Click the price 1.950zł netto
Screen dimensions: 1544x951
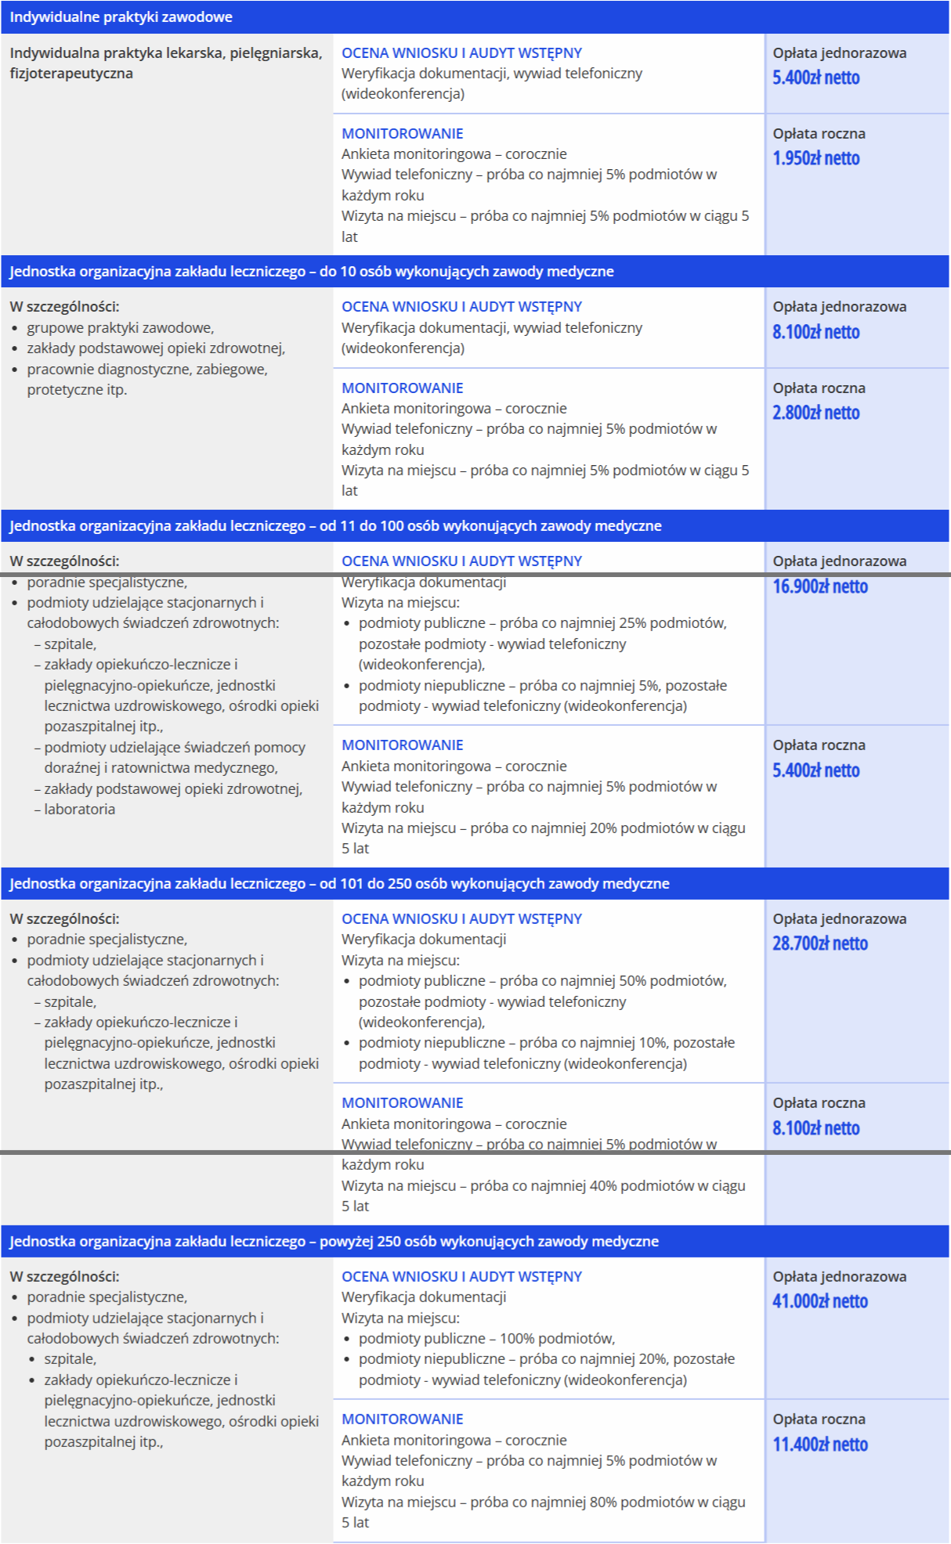click(815, 158)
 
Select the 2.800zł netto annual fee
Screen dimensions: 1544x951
click(815, 413)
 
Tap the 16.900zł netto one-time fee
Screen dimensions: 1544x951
click(819, 586)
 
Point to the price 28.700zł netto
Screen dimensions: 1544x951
click(819, 943)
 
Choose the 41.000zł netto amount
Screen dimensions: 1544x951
click(819, 1301)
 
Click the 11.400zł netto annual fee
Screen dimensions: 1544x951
click(819, 1445)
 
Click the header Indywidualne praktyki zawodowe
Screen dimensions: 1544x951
click(121, 17)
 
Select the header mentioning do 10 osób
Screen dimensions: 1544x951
click(311, 272)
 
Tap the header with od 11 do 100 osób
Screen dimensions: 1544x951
click(334, 526)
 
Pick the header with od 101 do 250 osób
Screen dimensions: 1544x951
click(338, 884)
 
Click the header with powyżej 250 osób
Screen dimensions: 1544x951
click(333, 1242)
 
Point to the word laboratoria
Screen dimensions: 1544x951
click(79, 810)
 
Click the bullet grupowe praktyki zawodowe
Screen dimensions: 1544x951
click(120, 328)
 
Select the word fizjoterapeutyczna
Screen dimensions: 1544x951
click(71, 74)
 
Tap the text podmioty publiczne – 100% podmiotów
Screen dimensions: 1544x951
click(486, 1339)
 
